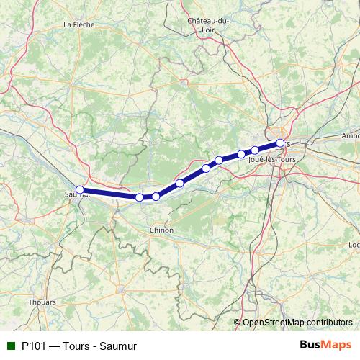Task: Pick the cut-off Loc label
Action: click(x=354, y=245)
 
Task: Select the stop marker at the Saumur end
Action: click(x=80, y=190)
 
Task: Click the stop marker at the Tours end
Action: click(x=280, y=143)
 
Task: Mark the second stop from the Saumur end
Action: click(x=140, y=197)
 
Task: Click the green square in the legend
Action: click(x=11, y=346)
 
